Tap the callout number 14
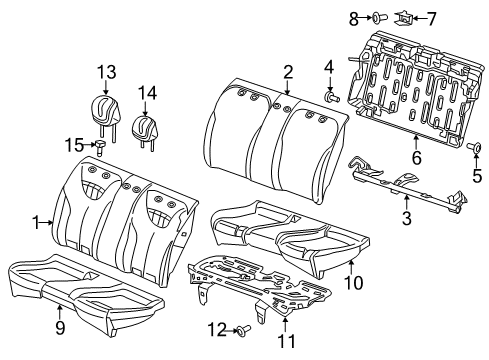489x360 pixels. coord(148,93)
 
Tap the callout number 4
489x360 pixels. coord(327,68)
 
